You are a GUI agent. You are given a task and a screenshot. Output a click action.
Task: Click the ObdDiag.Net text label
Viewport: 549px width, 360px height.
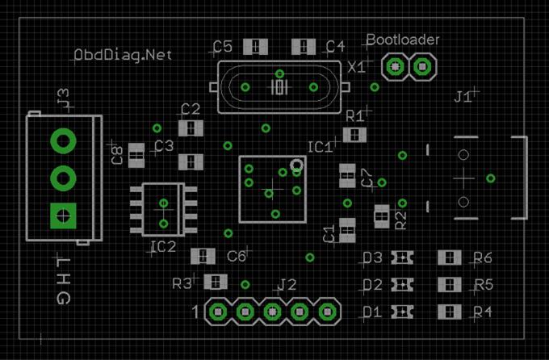[123, 55]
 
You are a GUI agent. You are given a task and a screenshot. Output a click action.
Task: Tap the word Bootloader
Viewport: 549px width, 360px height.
[403, 40]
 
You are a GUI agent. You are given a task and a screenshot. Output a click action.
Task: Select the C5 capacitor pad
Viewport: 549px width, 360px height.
[256, 47]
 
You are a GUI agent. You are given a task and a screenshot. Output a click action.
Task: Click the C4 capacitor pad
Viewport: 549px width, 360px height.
[304, 47]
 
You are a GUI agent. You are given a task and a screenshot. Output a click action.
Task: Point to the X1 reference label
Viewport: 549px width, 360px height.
[357, 67]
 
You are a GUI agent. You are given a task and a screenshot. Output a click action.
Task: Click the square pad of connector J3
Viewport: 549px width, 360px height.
[63, 216]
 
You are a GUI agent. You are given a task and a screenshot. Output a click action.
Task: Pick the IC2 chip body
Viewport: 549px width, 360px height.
[163, 209]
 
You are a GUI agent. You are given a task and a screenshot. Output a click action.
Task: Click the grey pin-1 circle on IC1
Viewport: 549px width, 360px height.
[296, 165]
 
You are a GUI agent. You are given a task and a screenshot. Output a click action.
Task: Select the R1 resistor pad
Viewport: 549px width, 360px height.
[354, 135]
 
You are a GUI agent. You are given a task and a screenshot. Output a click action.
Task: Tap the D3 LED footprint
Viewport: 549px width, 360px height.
[402, 257]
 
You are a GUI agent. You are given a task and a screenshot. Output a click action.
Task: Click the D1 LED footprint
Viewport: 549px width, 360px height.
[402, 312]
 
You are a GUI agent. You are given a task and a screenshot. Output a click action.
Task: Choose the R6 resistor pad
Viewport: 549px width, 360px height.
[450, 257]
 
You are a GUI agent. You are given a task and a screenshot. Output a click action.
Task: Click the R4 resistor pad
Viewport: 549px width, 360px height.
[450, 312]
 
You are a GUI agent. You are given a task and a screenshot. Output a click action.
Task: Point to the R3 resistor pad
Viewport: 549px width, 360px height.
[216, 282]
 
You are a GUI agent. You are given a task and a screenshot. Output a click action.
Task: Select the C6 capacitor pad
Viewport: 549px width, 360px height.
[203, 257]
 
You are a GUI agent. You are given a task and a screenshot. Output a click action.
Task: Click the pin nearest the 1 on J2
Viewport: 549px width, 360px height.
[218, 312]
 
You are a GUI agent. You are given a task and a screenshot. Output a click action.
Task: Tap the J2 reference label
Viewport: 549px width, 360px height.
[287, 285]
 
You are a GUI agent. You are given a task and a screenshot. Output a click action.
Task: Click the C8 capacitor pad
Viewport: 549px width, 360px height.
[136, 156]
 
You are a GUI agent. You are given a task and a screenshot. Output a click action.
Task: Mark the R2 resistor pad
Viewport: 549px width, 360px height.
[382, 216]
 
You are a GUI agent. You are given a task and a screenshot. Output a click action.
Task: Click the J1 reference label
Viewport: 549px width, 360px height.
[463, 97]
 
